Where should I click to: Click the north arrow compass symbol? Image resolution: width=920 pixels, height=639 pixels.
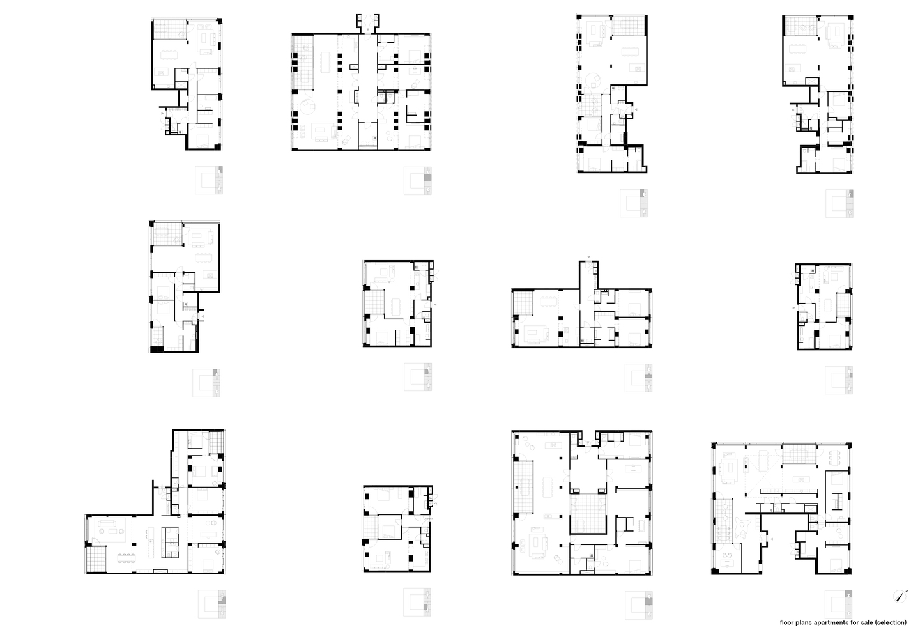pyautogui.click(x=899, y=597)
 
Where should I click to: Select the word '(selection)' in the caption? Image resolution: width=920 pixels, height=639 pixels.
pyautogui.click(x=888, y=622)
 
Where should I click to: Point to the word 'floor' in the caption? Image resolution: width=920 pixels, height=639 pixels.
pyautogui.click(x=787, y=622)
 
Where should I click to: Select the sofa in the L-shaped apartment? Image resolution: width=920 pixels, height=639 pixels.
pyautogui.click(x=106, y=527)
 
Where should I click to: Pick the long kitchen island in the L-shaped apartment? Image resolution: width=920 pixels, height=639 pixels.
pyautogui.click(x=151, y=542)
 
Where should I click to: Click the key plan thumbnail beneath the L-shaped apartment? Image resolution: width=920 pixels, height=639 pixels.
pyautogui.click(x=211, y=604)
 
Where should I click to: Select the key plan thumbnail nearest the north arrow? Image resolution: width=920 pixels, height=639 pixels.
pyautogui.click(x=839, y=604)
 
